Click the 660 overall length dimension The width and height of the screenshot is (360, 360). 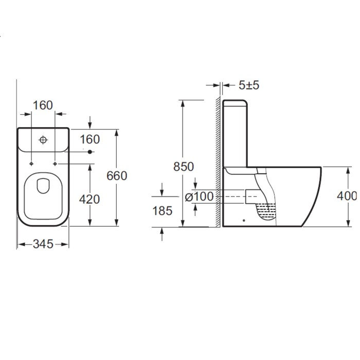[x=116, y=176]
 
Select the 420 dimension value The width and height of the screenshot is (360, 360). [x=91, y=199]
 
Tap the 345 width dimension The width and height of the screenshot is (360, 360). [x=43, y=244]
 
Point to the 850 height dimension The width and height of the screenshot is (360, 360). [x=184, y=167]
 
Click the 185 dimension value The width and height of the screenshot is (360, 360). [x=163, y=211]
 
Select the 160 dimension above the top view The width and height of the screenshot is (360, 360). [x=43, y=105]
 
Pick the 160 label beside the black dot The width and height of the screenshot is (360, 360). [x=89, y=139]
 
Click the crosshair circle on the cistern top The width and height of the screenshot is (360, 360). [x=44, y=139]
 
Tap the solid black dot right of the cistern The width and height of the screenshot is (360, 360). [x=90, y=152]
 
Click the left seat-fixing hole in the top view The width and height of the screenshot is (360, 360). [x=32, y=164]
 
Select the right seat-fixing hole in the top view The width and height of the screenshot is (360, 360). [x=55, y=164]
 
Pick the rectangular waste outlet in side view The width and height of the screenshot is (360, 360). [x=251, y=196]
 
